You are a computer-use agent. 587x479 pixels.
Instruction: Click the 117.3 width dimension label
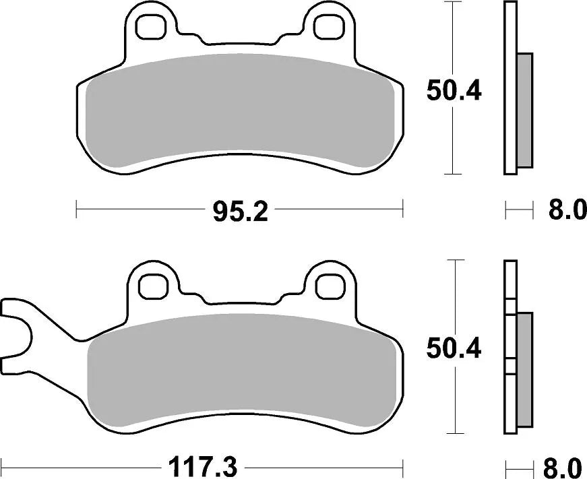(202, 466)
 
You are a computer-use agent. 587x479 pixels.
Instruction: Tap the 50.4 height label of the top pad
(454, 90)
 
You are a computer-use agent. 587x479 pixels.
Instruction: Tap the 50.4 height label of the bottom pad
(454, 349)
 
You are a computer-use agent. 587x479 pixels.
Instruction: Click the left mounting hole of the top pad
(151, 25)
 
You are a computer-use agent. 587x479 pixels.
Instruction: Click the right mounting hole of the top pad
(330, 25)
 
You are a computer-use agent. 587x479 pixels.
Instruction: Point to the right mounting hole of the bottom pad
(330, 286)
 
